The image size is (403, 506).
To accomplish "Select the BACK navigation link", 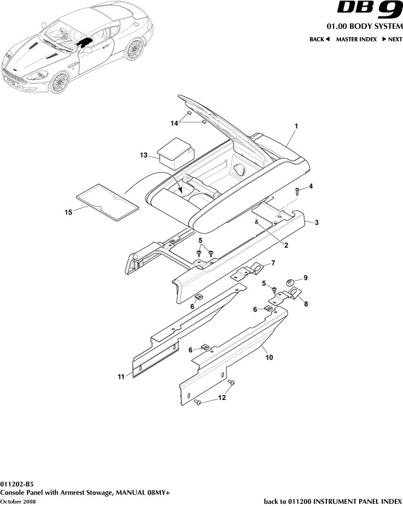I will point(319,39).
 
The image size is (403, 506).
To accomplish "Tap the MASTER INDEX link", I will point(356,39).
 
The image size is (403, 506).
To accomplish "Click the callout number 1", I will point(296,126).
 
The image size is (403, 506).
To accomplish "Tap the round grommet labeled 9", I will point(291,282).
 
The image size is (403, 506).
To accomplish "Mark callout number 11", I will point(121,376).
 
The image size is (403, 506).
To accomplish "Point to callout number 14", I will point(174,123).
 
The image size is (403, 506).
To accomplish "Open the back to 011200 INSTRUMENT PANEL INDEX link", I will point(332,501).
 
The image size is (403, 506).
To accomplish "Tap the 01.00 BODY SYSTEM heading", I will point(364,27).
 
